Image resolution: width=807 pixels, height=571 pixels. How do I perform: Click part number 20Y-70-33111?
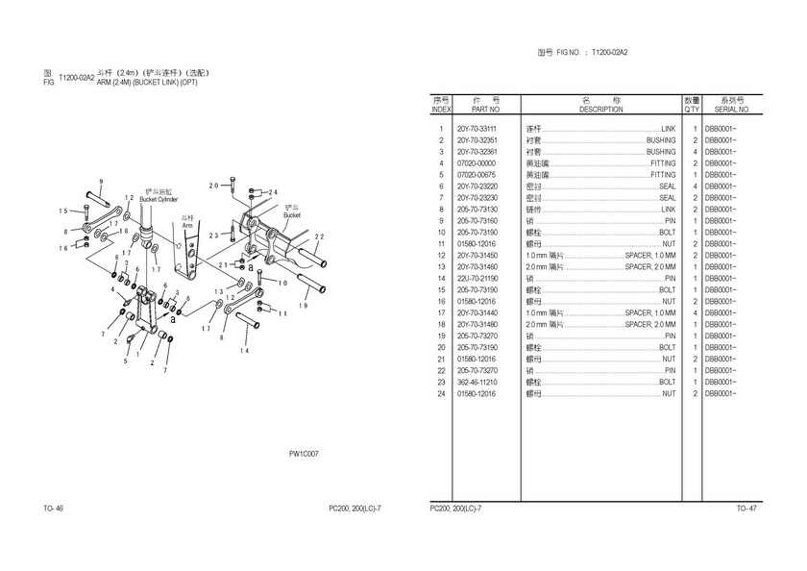pyautogui.click(x=476, y=129)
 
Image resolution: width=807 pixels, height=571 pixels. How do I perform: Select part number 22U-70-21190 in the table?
pyautogui.click(x=476, y=278)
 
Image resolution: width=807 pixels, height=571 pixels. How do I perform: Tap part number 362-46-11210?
pyautogui.click(x=476, y=382)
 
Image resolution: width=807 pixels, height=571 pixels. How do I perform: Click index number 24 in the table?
pyautogui.click(x=441, y=393)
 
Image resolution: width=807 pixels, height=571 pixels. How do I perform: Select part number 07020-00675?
pyautogui.click(x=476, y=175)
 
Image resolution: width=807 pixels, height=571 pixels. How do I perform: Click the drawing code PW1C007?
pyautogui.click(x=304, y=454)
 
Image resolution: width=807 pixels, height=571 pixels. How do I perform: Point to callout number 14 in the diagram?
pyautogui.click(x=244, y=351)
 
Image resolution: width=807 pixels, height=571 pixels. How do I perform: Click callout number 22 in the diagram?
pyautogui.click(x=320, y=236)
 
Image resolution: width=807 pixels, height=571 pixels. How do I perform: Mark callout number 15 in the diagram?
pyautogui.click(x=62, y=211)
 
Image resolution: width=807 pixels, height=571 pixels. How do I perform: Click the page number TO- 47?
pyautogui.click(x=746, y=508)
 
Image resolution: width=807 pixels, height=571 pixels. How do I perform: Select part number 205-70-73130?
pyautogui.click(x=476, y=210)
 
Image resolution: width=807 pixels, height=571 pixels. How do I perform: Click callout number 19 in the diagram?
pyautogui.click(x=304, y=306)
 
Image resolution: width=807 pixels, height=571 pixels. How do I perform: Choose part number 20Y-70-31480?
pyautogui.click(x=476, y=324)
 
